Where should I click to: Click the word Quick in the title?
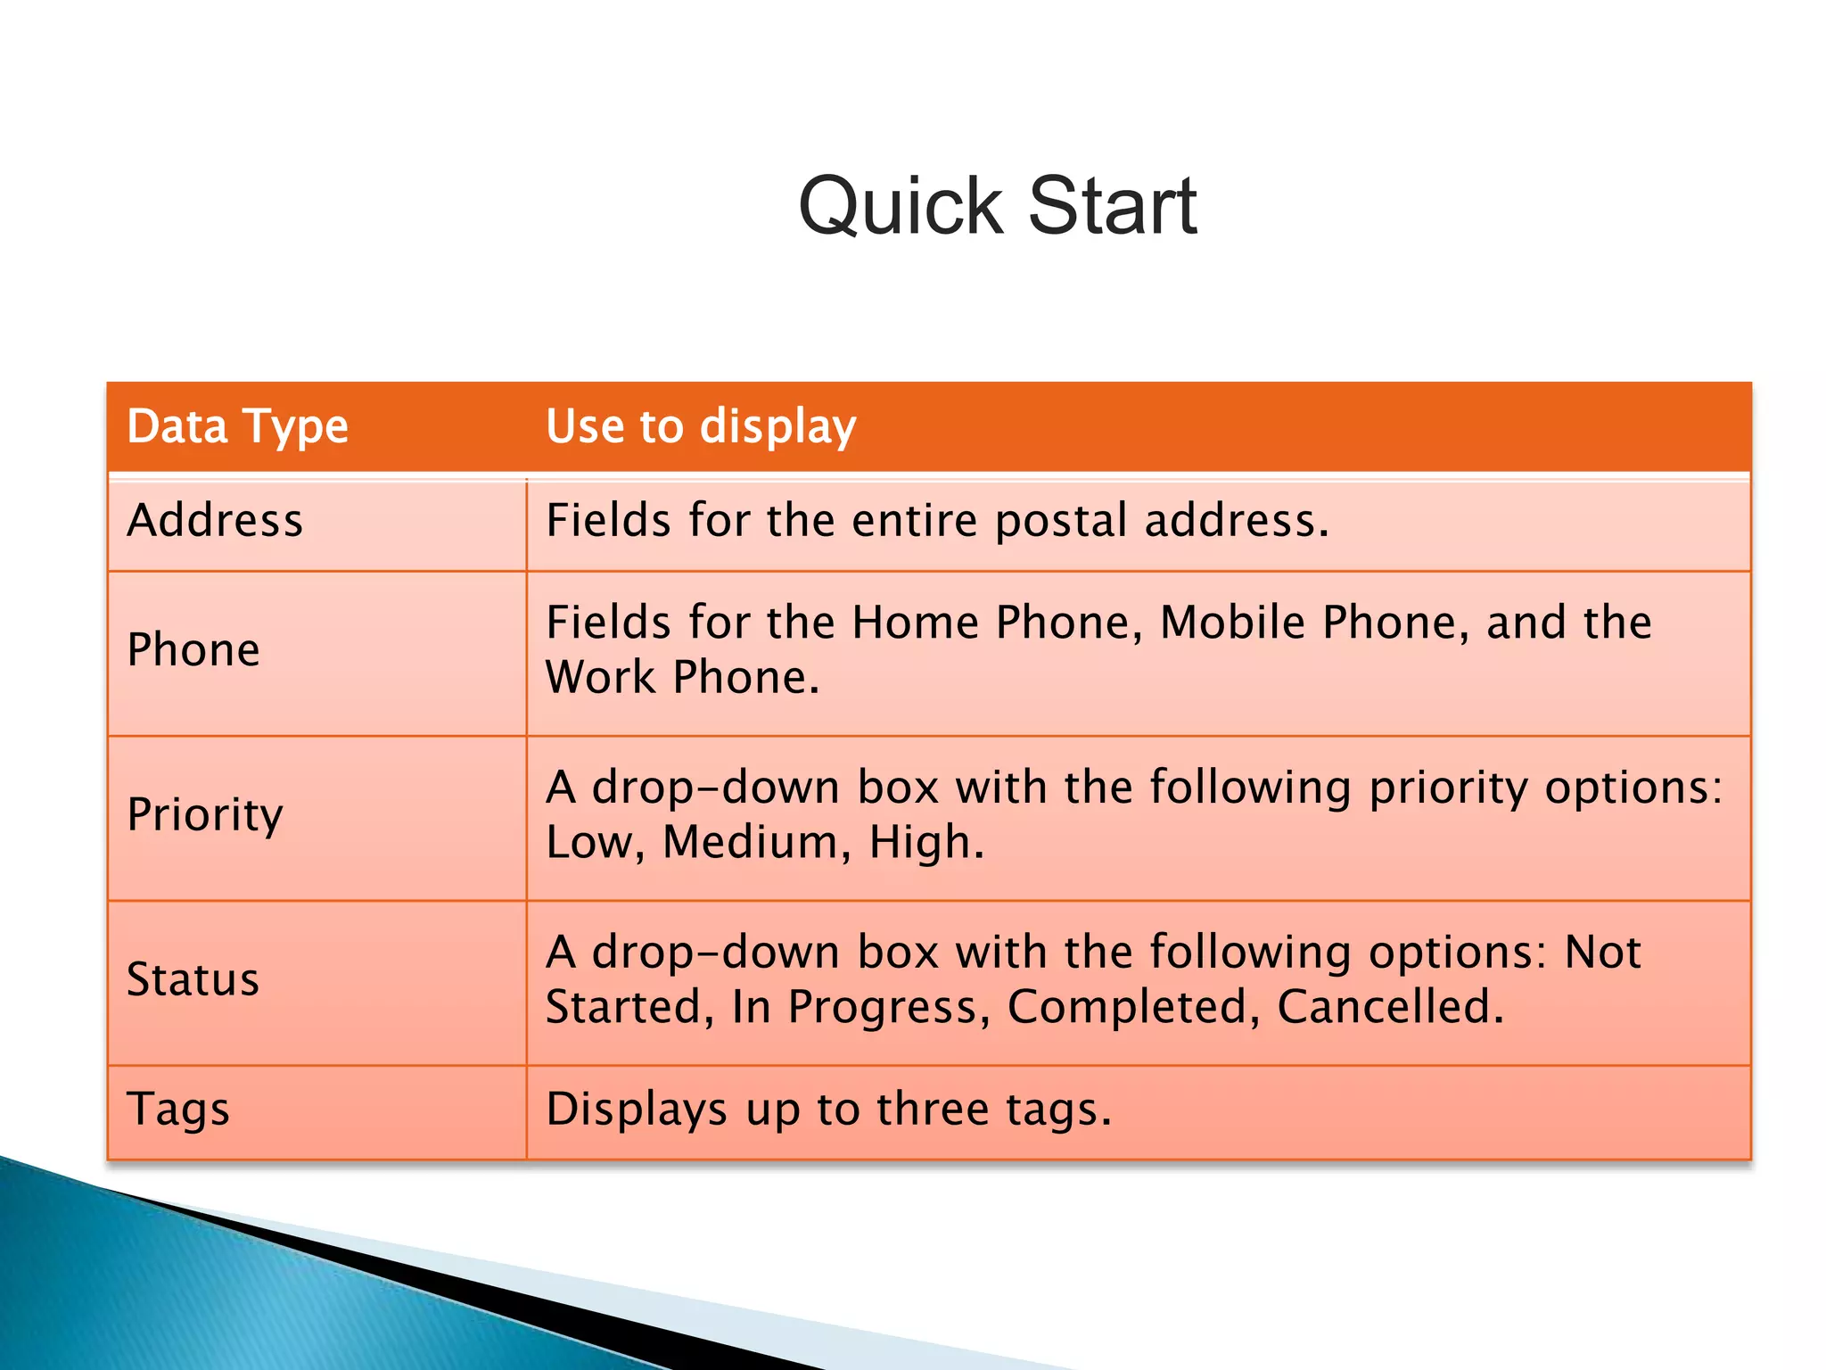901,207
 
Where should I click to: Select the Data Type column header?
237,426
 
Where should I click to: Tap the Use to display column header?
701,426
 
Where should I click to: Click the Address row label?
215,520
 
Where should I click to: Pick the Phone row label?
193,649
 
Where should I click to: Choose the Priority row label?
205,814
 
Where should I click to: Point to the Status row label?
193,979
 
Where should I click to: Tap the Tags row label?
178,1109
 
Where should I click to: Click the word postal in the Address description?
1061,520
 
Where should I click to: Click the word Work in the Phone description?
599,677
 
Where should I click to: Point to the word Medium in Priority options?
751,842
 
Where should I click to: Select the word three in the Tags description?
933,1109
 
